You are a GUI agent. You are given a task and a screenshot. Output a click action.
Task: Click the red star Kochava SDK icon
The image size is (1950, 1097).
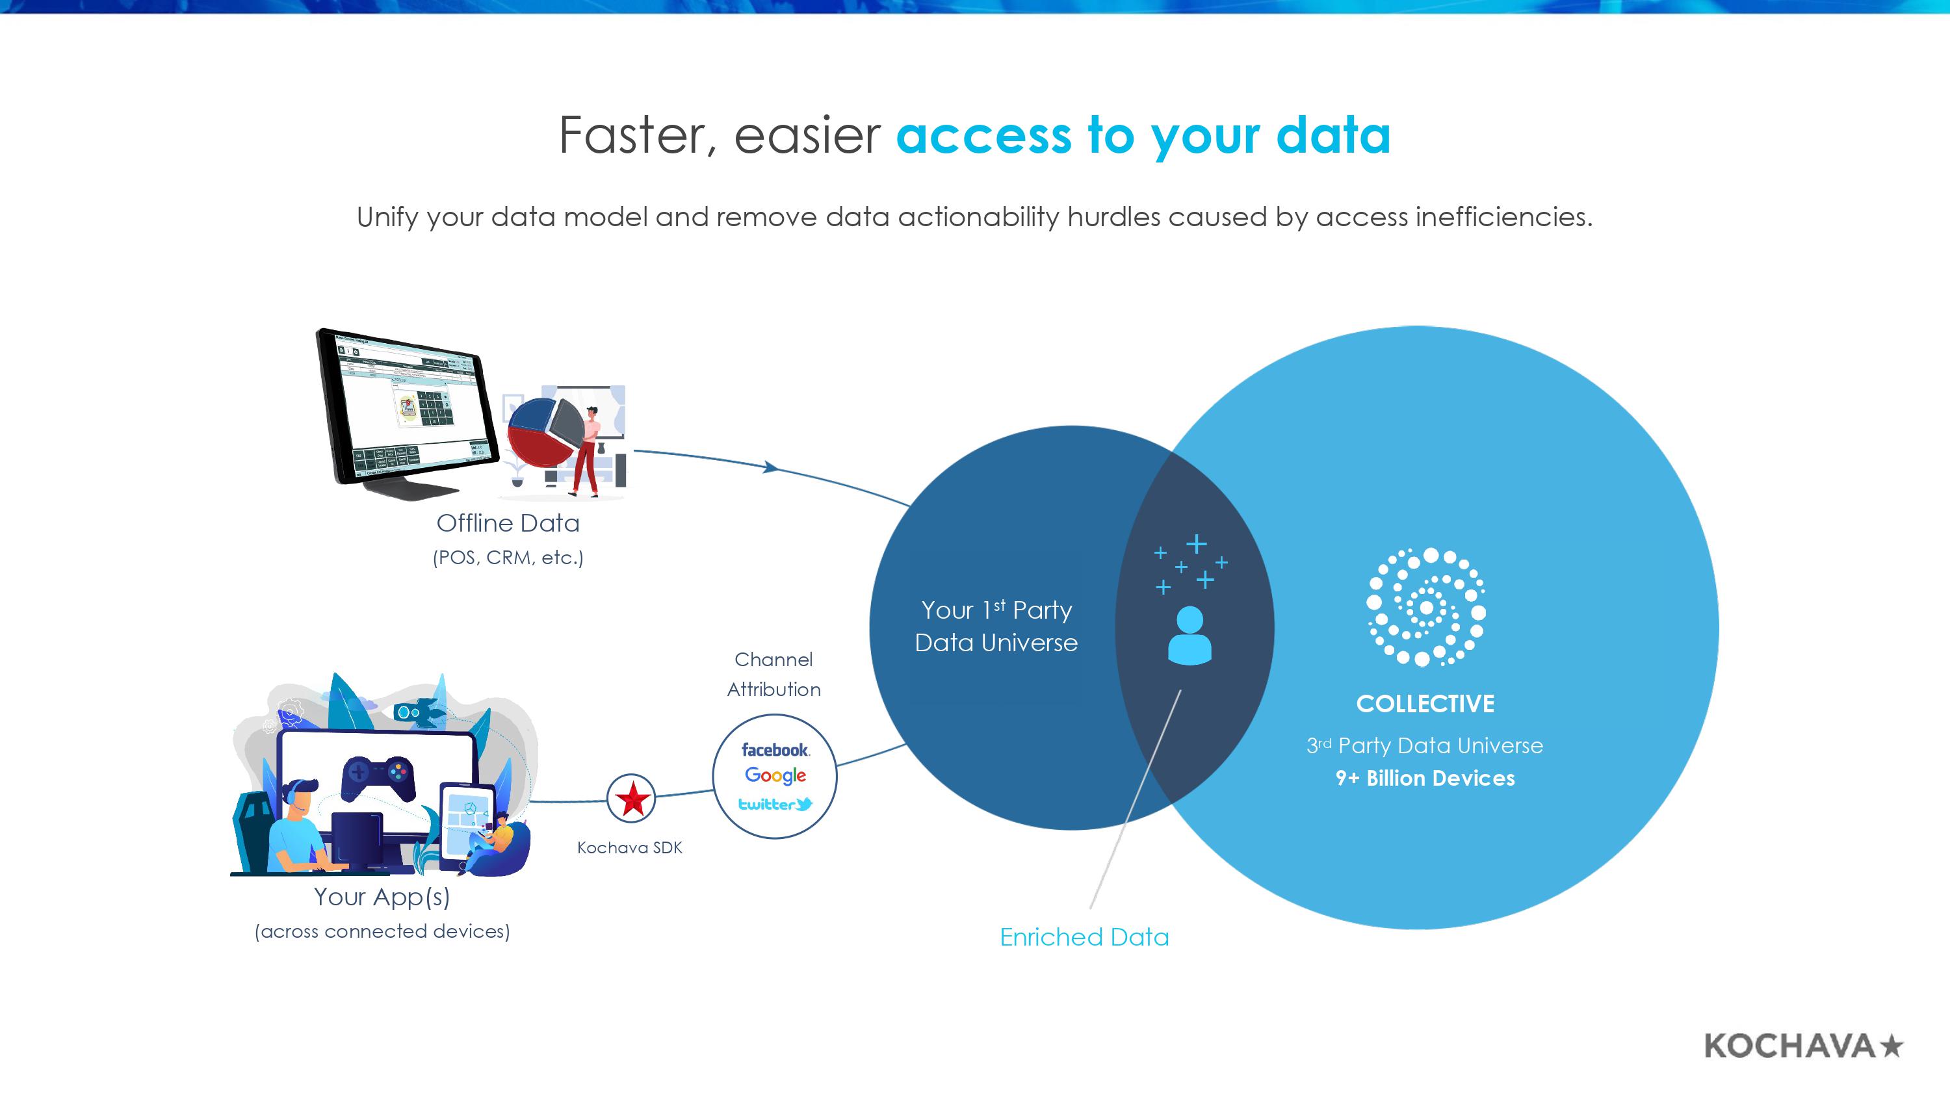pos(631,798)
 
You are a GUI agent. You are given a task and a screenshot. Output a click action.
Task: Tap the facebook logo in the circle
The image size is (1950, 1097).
pos(774,749)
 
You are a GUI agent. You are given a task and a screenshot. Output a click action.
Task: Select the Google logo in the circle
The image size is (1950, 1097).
pos(774,775)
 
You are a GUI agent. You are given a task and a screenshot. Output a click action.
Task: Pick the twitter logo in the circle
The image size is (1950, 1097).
pos(774,804)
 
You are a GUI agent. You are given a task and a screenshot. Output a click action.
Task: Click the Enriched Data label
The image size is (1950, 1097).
pos(1084,937)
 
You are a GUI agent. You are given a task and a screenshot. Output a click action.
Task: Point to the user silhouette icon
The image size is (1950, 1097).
pos(1189,636)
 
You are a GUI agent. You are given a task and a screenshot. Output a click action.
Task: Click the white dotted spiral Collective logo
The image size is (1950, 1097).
pos(1425,607)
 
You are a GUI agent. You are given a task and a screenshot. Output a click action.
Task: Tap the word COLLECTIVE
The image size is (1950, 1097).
pos(1425,704)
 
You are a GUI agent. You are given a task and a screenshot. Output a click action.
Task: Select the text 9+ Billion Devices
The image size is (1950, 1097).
pos(1425,779)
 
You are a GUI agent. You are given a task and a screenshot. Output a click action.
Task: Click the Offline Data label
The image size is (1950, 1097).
pos(508,523)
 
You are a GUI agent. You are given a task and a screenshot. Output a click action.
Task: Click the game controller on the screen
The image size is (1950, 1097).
pos(378,776)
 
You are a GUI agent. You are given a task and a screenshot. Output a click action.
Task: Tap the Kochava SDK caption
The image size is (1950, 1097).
pos(629,848)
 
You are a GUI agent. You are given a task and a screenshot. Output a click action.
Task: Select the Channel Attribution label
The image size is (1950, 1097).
pos(773,674)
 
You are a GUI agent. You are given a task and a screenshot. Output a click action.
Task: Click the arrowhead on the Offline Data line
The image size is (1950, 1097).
pos(771,467)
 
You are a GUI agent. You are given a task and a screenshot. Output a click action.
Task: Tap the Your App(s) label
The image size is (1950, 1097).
pos(382,896)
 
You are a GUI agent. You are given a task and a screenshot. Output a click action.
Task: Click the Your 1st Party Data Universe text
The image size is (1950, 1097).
pos(996,626)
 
